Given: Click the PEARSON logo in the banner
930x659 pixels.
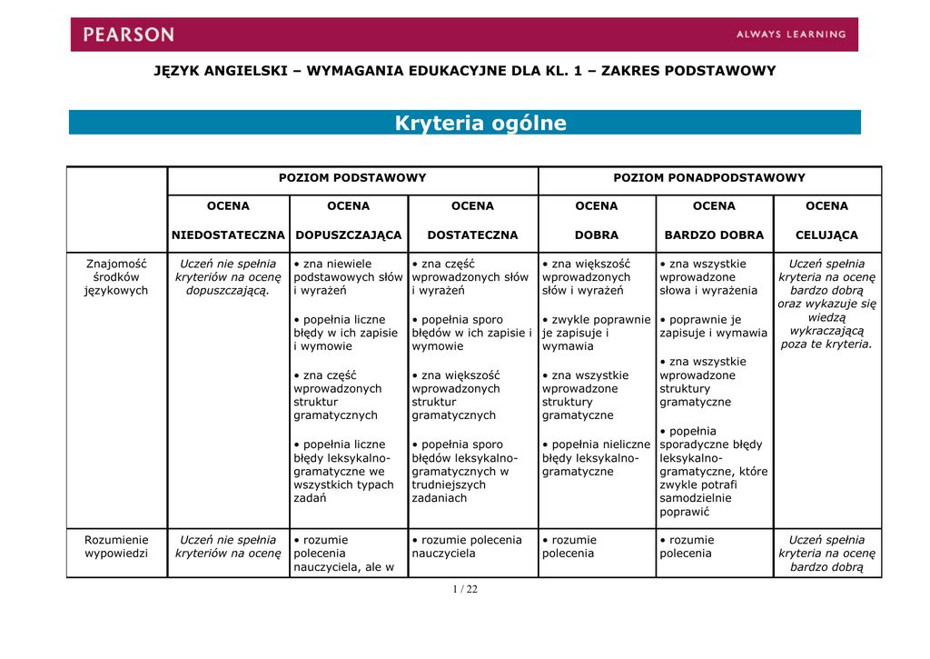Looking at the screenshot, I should tap(128, 35).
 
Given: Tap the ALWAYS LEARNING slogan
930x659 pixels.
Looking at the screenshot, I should tap(790, 35).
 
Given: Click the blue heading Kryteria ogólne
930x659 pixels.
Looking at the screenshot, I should tap(480, 124).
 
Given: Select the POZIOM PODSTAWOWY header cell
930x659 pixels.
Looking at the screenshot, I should tap(352, 178).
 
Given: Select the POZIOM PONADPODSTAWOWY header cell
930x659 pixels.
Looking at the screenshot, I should tap(709, 178).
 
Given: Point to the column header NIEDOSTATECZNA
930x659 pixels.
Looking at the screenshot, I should tap(228, 235).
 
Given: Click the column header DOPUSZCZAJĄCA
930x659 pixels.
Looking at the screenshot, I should tap(349, 235).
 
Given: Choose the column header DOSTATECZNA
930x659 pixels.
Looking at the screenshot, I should tap(472, 235).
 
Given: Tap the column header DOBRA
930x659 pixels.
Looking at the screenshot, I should tap(597, 235).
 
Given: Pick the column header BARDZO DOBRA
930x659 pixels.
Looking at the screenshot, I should tap(714, 235).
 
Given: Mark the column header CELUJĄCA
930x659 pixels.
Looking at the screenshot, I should tap(826, 235).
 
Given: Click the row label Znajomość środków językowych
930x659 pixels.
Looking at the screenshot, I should tap(116, 277).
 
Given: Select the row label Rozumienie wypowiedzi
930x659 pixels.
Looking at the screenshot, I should tap(116, 546).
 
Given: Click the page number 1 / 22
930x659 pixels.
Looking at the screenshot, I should tap(465, 589).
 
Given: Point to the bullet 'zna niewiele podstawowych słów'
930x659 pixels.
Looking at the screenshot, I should tap(347, 277).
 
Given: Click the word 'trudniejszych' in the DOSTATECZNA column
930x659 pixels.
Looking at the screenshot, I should tap(449, 484).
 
